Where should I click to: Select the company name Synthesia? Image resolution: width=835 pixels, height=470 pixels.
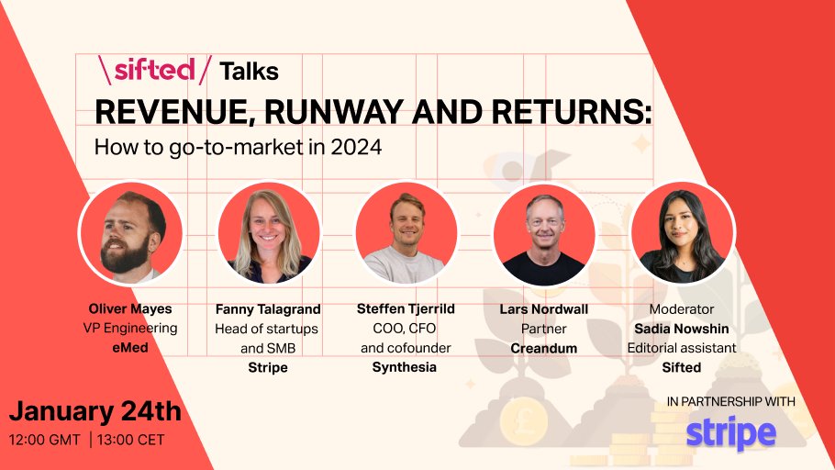point(405,367)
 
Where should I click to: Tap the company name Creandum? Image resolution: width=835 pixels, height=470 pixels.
point(543,348)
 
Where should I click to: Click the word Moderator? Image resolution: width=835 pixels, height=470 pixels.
point(683,309)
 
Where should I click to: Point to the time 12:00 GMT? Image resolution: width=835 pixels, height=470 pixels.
point(45,440)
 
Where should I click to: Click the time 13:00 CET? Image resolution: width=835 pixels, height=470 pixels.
point(131,440)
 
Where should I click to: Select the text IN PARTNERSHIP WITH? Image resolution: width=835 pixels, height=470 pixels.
point(730,401)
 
